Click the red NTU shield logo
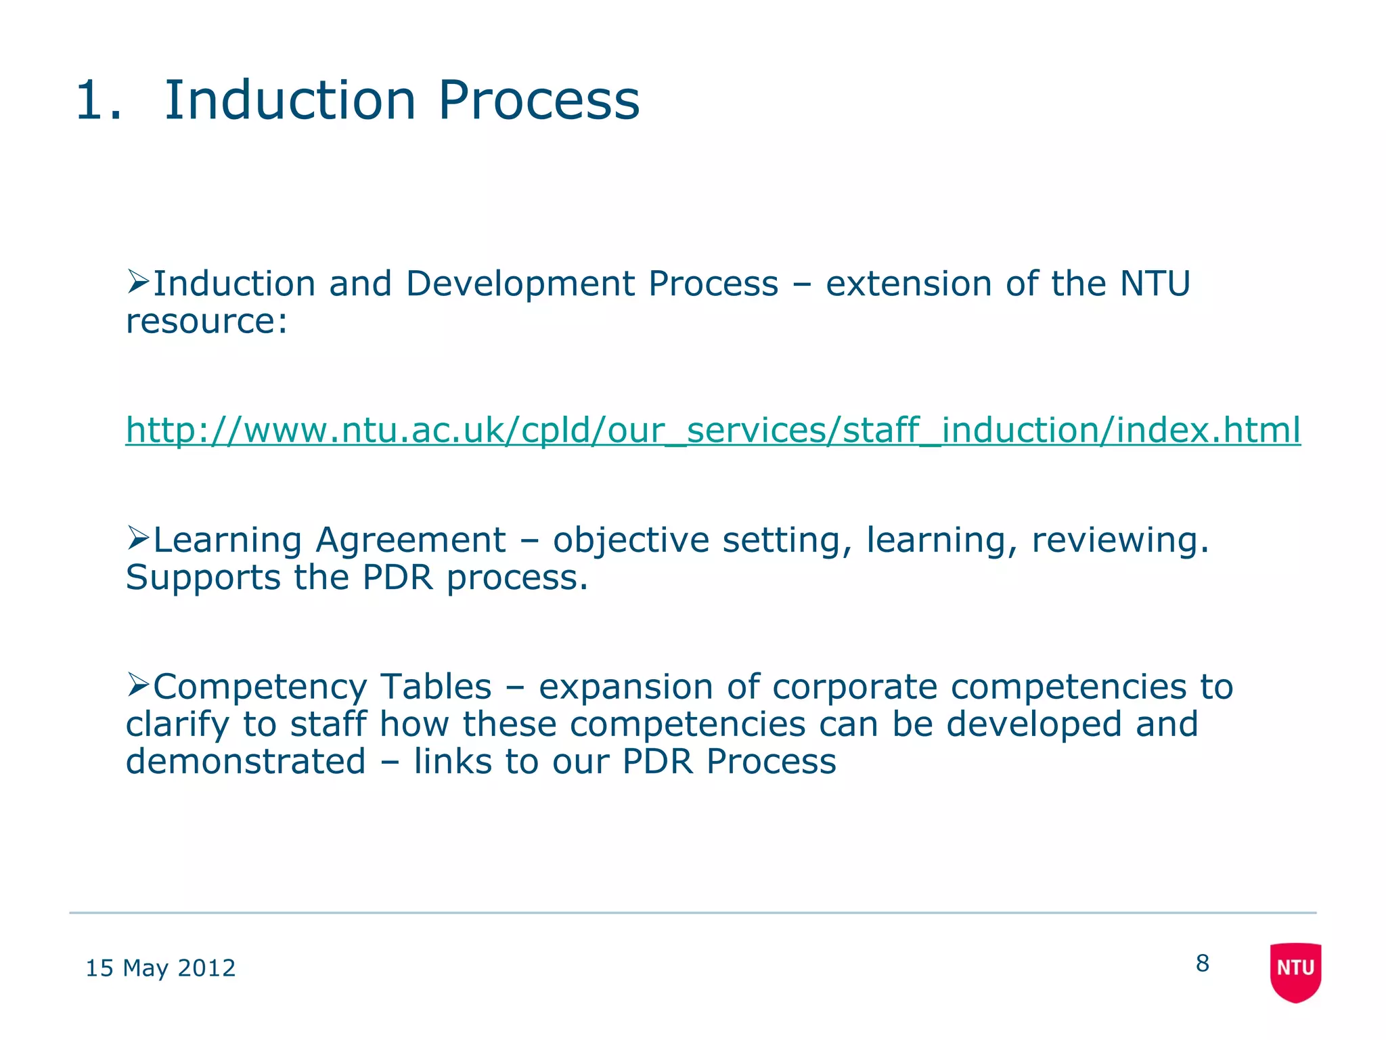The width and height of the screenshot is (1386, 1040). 1295,971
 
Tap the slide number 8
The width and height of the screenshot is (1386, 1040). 1202,963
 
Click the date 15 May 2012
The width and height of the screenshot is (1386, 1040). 160,968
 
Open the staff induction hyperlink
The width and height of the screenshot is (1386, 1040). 713,431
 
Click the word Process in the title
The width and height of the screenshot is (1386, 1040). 538,100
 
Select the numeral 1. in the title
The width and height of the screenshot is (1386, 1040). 99,100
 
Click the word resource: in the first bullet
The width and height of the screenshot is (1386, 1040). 206,321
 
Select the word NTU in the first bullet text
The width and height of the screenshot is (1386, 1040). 1155,283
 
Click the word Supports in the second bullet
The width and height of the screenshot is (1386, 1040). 203,578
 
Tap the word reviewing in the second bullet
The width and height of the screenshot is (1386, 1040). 1119,540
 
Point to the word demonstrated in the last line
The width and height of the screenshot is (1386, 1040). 246,761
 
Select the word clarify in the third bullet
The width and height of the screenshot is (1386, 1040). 178,724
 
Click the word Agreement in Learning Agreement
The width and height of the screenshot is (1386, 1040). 410,540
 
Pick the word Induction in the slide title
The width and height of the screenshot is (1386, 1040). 290,100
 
